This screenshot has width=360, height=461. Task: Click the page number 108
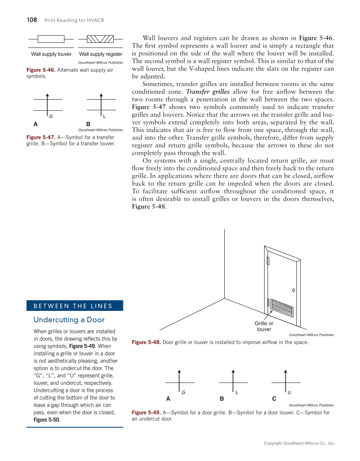pyautogui.click(x=32, y=20)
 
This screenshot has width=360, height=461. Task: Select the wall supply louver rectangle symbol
pyautogui.click(x=51, y=39)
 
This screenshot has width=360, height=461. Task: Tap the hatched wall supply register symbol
pyautogui.click(x=100, y=39)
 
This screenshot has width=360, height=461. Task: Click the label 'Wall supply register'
pyautogui.click(x=100, y=54)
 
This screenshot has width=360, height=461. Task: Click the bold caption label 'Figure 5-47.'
pyautogui.click(x=41, y=137)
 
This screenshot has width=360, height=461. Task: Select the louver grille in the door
pyautogui.click(x=282, y=307)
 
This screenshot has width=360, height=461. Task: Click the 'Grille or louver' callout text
pyautogui.click(x=264, y=326)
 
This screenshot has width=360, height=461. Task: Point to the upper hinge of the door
pyautogui.click(x=268, y=260)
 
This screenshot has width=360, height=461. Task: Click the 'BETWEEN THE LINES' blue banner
pyautogui.click(x=75, y=306)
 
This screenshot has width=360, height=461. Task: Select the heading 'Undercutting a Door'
pyautogui.click(x=69, y=320)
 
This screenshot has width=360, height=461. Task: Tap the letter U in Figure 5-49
pyautogui.click(x=289, y=392)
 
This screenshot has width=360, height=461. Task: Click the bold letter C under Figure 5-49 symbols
pyautogui.click(x=274, y=399)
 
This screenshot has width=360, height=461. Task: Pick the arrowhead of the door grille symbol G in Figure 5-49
pyautogui.click(x=180, y=371)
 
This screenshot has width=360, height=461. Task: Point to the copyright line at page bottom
pyautogui.click(x=299, y=443)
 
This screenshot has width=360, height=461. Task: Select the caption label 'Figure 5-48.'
pyautogui.click(x=146, y=342)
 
